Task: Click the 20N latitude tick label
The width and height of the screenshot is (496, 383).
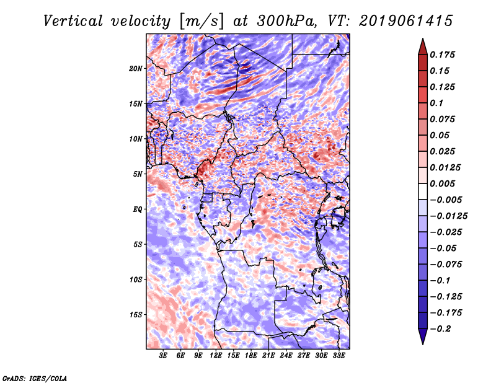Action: click(x=135, y=68)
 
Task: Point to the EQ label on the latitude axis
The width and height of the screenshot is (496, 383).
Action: click(x=137, y=209)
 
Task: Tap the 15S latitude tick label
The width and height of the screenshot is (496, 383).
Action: click(x=135, y=314)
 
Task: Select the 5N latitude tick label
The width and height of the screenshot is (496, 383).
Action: click(x=137, y=174)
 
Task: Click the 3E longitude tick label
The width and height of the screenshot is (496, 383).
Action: click(x=164, y=356)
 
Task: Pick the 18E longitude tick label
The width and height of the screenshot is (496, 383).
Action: click(x=251, y=356)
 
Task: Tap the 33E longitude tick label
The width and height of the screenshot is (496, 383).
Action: click(x=339, y=356)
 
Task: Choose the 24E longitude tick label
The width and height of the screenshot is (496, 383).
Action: click(x=286, y=356)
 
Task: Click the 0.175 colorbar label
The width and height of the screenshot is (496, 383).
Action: click(x=443, y=55)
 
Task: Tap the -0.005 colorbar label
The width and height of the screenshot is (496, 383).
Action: click(x=448, y=200)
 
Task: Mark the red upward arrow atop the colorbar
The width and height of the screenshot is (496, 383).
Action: click(x=422, y=45)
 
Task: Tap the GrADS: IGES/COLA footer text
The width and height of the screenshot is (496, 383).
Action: click(x=34, y=377)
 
